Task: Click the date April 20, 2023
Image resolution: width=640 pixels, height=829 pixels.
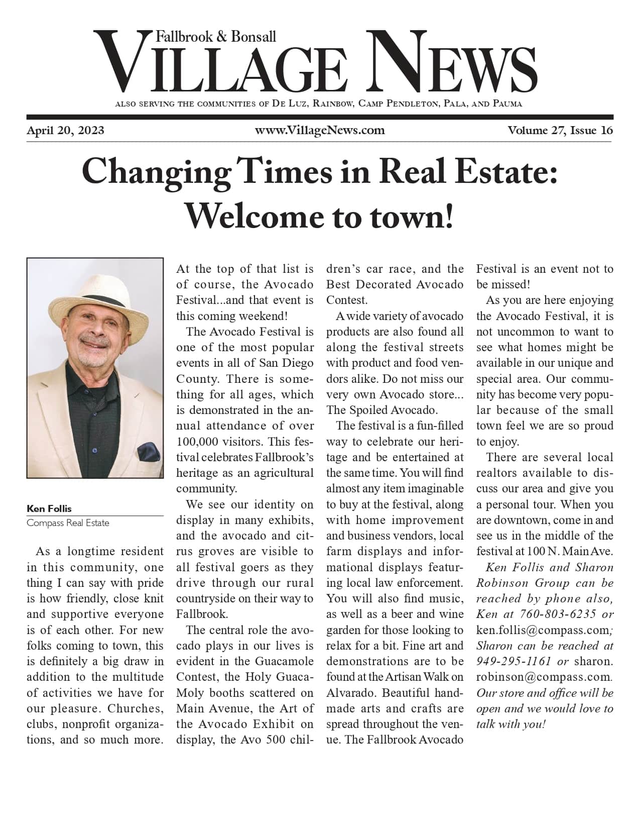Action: click(x=65, y=131)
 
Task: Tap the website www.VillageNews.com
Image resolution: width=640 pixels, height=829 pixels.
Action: click(x=320, y=131)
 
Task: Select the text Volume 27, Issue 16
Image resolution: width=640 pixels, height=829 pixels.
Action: click(x=560, y=131)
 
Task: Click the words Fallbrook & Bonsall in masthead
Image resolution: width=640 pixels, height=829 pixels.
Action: click(x=216, y=37)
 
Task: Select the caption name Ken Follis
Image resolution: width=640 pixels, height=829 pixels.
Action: click(x=49, y=508)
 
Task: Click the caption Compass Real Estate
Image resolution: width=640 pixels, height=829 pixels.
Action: click(x=68, y=523)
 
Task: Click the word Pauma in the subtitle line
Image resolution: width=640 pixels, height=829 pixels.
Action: click(x=507, y=104)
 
